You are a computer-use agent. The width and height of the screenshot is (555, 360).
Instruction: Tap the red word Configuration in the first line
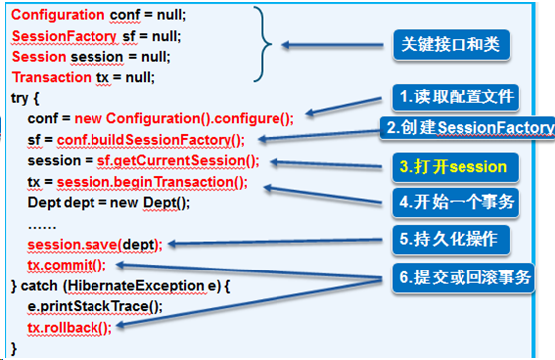coord(58,16)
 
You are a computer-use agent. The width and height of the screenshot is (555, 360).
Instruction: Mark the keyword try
coord(20,96)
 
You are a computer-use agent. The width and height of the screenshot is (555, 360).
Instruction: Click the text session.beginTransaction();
coord(164,181)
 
